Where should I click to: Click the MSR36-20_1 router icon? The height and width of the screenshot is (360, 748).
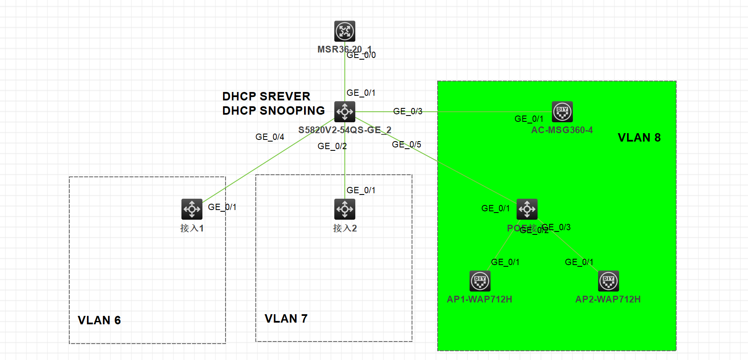345,31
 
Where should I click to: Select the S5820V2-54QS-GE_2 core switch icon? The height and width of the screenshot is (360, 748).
345,112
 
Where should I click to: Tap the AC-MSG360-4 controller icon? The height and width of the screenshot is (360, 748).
562,112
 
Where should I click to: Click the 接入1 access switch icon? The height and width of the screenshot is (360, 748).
192,209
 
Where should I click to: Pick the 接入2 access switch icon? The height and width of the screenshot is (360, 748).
345,209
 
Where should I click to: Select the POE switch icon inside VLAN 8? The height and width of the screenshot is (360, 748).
527,209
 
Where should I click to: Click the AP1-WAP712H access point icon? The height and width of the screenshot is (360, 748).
480,281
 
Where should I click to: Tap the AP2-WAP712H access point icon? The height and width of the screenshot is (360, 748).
609,281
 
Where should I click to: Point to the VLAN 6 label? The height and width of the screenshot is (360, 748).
99,321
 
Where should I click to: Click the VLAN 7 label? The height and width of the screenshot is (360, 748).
286,319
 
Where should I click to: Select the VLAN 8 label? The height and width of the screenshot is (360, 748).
639,138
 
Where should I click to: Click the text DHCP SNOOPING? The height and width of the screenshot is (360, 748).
273,111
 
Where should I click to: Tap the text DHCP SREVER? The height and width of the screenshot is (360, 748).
266,97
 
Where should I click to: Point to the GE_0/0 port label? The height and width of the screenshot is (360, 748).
361,55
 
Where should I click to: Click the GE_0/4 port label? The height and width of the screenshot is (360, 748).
270,137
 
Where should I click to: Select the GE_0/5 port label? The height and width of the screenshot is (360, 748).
407,145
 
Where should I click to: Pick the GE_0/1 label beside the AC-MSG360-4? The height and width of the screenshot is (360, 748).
529,119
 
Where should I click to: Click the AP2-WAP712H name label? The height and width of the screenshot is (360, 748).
608,300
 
